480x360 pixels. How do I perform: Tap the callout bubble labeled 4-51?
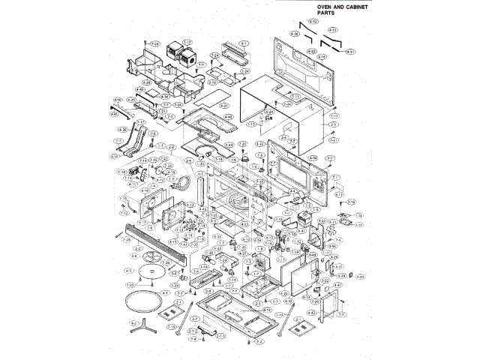[351, 52]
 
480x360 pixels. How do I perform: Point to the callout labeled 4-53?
[314, 23]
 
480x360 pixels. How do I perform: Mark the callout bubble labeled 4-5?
[129, 270]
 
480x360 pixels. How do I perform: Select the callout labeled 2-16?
[266, 308]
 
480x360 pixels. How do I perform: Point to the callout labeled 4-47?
[338, 285]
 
